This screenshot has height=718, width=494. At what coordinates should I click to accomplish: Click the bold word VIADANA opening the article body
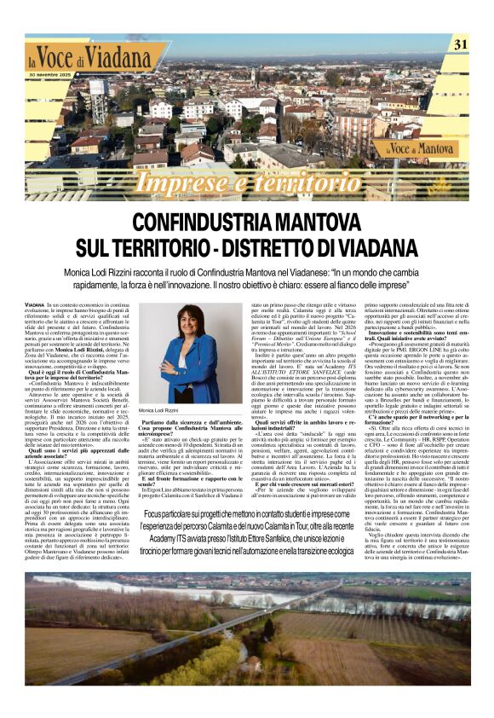point(35,305)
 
